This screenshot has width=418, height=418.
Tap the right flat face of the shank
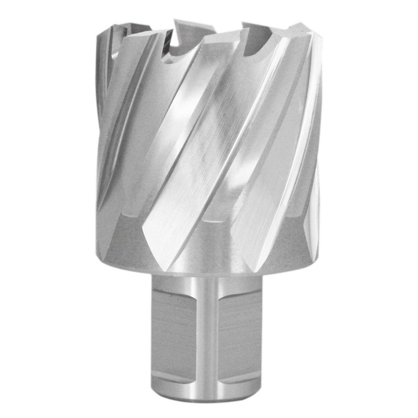click(x=240, y=329)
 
